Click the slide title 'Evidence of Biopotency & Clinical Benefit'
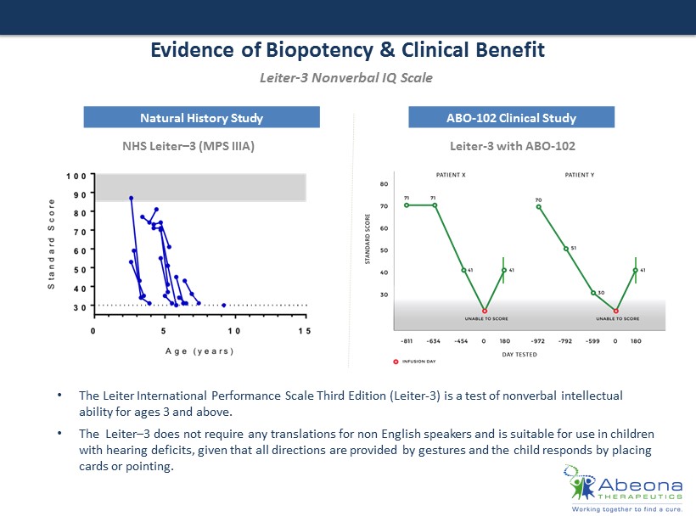[x=347, y=50]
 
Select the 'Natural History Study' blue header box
[x=201, y=117]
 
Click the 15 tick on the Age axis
[x=305, y=330]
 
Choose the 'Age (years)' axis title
[x=199, y=351]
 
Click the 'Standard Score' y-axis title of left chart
[x=52, y=244]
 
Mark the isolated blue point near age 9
[x=224, y=305]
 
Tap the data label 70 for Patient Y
[x=538, y=200]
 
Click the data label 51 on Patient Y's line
[x=573, y=248]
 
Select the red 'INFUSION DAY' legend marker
[x=396, y=361]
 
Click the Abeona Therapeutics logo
[x=625, y=489]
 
